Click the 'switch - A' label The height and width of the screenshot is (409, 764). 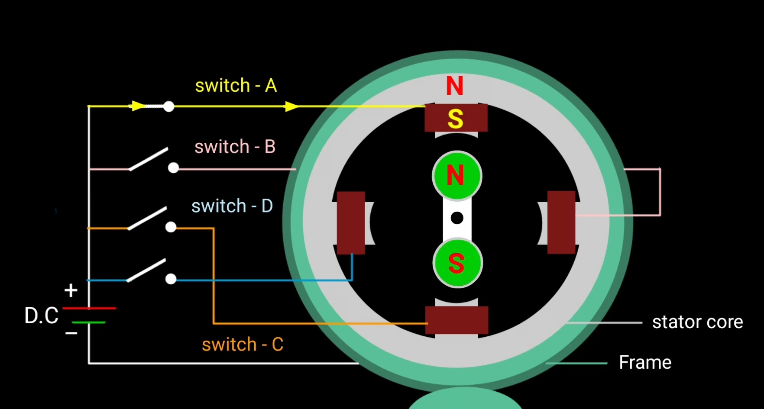236,86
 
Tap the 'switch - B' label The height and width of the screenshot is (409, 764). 235,147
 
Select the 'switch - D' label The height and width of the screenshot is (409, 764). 232,206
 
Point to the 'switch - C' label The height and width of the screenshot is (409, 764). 243,345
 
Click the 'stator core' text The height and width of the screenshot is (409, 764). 697,322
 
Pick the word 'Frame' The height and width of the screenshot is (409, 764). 645,362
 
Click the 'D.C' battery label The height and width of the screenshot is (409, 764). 41,316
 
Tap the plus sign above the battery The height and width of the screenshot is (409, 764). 71,290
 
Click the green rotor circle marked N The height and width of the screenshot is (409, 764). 456,176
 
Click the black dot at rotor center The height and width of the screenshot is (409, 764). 457,218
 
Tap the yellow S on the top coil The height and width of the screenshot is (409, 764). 455,119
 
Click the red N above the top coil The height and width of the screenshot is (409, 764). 455,86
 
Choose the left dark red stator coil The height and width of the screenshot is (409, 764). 351,222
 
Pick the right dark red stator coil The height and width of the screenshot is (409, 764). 561,222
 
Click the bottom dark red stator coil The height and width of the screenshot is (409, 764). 456,320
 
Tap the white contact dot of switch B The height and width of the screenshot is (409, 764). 173,168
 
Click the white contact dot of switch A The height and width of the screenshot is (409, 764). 168,106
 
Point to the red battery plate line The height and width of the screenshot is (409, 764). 89,308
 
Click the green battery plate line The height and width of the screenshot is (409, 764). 89,322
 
